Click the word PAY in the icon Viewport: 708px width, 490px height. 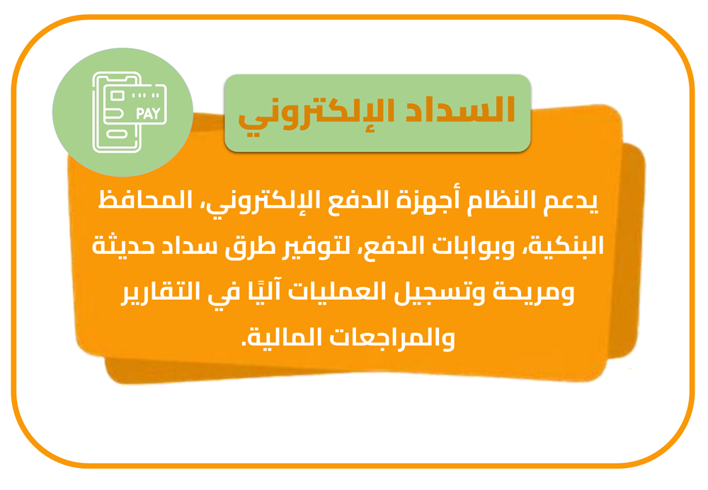(148, 113)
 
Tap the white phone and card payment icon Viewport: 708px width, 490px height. (130, 112)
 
